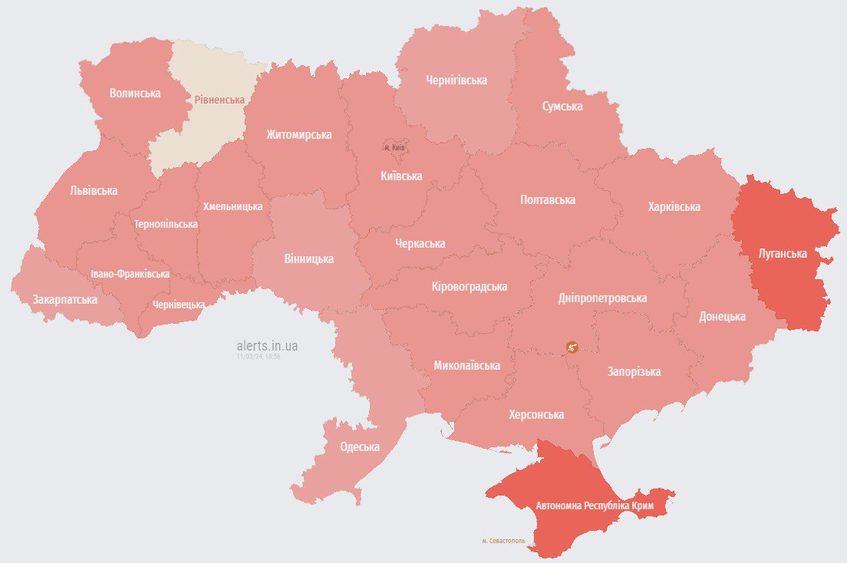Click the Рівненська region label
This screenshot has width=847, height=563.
pyautogui.click(x=219, y=100)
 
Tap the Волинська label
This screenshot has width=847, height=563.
pyautogui.click(x=135, y=93)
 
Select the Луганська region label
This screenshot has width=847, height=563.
pyautogui.click(x=783, y=252)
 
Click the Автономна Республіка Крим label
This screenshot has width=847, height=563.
pyautogui.click(x=595, y=506)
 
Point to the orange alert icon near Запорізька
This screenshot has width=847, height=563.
pyautogui.click(x=572, y=347)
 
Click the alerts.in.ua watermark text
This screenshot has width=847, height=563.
pyautogui.click(x=267, y=346)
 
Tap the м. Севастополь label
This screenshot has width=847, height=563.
pyautogui.click(x=503, y=541)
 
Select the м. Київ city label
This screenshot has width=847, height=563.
pyautogui.click(x=394, y=147)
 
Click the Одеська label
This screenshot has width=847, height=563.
pyautogui.click(x=360, y=447)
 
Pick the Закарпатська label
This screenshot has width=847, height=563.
pyautogui.click(x=64, y=299)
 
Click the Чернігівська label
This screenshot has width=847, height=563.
pyautogui.click(x=456, y=80)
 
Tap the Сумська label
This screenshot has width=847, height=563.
pyautogui.click(x=562, y=106)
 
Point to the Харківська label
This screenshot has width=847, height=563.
pyautogui.click(x=674, y=207)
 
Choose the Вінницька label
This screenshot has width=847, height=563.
pyautogui.click(x=308, y=258)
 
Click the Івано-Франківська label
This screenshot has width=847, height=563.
pyautogui.click(x=130, y=274)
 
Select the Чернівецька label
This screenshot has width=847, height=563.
pyautogui.click(x=178, y=305)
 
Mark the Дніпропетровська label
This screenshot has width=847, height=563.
pyautogui.click(x=602, y=298)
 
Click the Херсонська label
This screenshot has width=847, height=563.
pyautogui.click(x=536, y=414)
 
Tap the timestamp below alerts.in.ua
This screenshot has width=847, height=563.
pyautogui.click(x=259, y=357)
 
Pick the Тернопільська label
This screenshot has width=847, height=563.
pyautogui.click(x=166, y=224)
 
